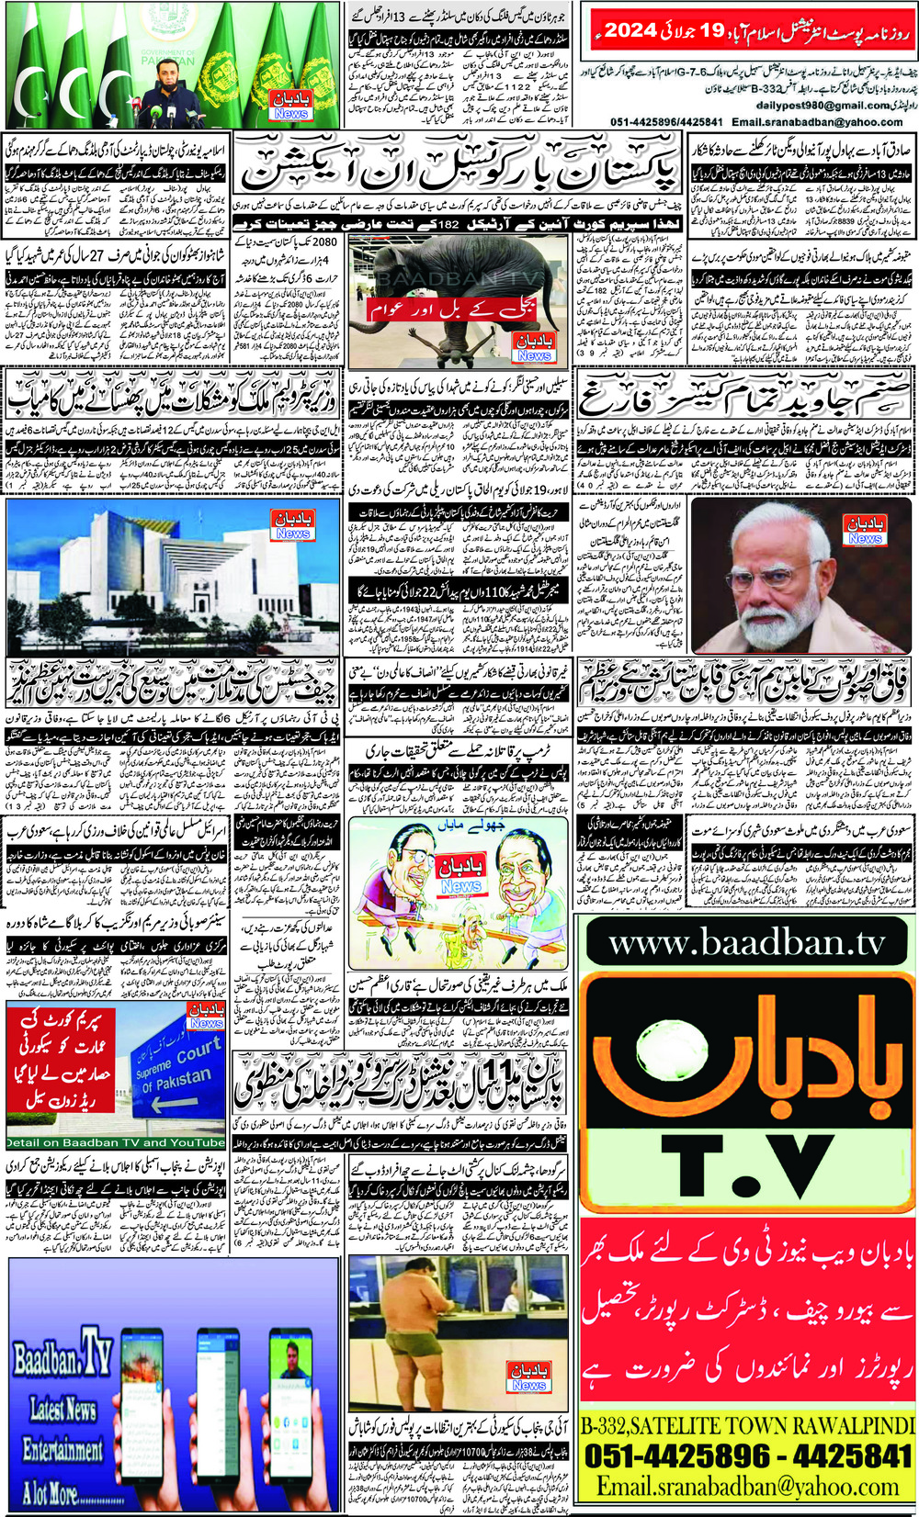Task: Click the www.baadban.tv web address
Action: (747, 944)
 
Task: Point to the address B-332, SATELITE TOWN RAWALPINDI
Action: (747, 1425)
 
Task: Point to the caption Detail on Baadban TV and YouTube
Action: (116, 1143)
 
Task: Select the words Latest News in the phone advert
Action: (63, 1408)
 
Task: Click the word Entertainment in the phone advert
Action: (62, 1450)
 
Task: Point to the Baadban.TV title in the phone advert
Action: (62, 1359)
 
